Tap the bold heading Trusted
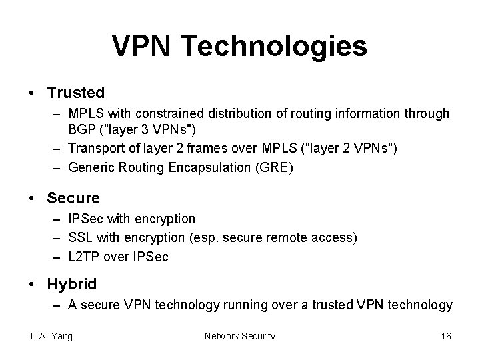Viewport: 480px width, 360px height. [x=76, y=93]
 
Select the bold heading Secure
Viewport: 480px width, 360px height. [x=73, y=198]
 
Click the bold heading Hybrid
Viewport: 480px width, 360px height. [x=72, y=284]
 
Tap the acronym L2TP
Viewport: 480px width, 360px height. [x=85, y=257]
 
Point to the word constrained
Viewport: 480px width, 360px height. [x=177, y=114]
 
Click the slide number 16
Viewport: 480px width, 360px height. [x=446, y=336]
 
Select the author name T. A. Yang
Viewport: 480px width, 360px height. [x=50, y=336]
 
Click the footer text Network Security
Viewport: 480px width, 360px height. [x=239, y=336]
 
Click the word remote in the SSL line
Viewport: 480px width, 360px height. [x=293, y=238]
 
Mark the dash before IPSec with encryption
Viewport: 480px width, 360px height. [x=55, y=219]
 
